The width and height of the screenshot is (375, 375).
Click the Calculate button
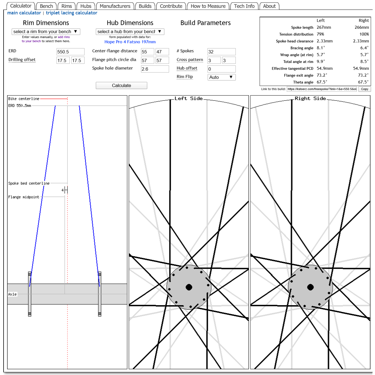(x=121, y=85)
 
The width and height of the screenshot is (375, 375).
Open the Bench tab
(x=46, y=6)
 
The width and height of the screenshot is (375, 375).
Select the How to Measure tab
(x=208, y=6)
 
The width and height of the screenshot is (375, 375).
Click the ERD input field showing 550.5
(x=70, y=52)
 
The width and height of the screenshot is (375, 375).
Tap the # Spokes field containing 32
(x=221, y=52)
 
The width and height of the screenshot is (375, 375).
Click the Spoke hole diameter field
(x=155, y=69)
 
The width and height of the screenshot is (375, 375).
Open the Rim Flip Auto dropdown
(x=221, y=77)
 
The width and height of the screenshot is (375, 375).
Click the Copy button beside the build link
(x=364, y=89)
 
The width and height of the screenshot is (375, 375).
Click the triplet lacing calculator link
(x=71, y=13)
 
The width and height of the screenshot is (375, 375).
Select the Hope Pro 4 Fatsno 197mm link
(x=130, y=42)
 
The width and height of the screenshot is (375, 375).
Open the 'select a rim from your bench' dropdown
(x=46, y=31)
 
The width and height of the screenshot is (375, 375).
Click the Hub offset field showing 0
(x=221, y=69)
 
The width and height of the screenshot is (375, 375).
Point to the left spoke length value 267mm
(x=324, y=27)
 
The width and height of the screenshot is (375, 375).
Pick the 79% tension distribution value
(x=320, y=34)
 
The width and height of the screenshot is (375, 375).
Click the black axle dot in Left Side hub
(x=189, y=287)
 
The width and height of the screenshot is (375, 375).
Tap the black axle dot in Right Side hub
(x=310, y=287)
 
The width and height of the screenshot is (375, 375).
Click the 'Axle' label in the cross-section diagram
(x=13, y=294)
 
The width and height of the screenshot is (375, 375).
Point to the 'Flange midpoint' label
(x=24, y=197)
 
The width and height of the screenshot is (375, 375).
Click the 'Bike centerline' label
(x=24, y=99)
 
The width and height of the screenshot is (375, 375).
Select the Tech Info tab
(x=244, y=6)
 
